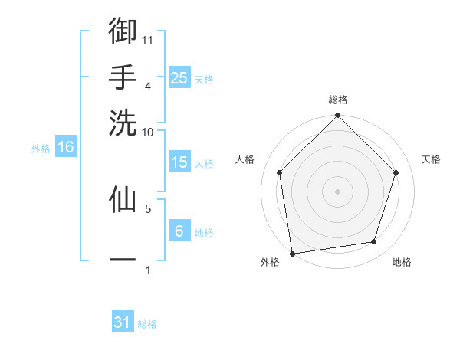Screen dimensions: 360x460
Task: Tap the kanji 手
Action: click(123, 76)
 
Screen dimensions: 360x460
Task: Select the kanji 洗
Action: click(123, 122)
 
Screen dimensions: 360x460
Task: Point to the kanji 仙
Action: click(123, 198)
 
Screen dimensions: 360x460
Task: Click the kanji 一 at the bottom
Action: click(123, 260)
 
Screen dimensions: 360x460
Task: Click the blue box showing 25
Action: click(179, 77)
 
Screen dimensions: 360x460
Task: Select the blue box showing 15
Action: click(179, 162)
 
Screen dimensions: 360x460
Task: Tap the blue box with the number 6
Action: click(179, 231)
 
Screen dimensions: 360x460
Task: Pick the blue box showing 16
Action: click(66, 148)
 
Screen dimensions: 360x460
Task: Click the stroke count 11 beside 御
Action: click(149, 39)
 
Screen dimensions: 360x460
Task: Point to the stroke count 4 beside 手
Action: click(148, 86)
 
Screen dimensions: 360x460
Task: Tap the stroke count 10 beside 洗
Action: click(148, 132)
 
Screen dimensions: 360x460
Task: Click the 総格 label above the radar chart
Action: click(338, 100)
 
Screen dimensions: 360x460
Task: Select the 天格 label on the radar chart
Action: click(431, 159)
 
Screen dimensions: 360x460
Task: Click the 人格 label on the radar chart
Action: click(245, 159)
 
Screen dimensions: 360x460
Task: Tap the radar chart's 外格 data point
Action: click(292, 253)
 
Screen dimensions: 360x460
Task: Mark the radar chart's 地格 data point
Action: click(374, 242)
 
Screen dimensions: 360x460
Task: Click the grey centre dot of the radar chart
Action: click(338, 191)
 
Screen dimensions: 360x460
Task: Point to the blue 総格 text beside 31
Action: click(147, 324)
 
